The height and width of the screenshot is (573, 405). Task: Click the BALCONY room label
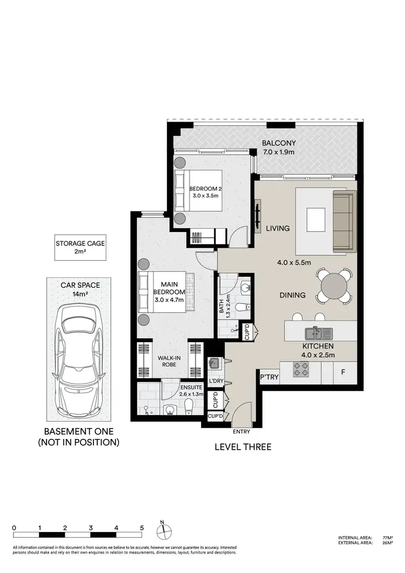(x=278, y=143)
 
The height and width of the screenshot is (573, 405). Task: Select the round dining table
(x=335, y=286)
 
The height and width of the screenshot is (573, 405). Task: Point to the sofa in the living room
(x=345, y=221)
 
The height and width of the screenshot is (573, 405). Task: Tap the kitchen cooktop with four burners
(x=301, y=370)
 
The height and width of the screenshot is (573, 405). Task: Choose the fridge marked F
(x=342, y=372)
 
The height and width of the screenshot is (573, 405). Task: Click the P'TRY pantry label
(x=269, y=377)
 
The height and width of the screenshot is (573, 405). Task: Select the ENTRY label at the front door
(x=241, y=432)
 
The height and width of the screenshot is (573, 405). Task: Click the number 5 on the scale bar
(x=141, y=527)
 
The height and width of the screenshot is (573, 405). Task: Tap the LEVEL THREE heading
(x=242, y=447)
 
